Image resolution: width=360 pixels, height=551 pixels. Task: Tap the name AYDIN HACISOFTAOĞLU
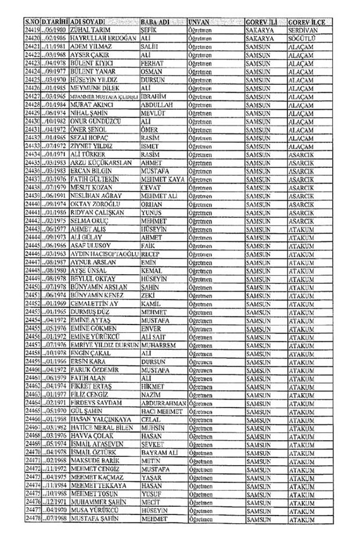click(x=104, y=254)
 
